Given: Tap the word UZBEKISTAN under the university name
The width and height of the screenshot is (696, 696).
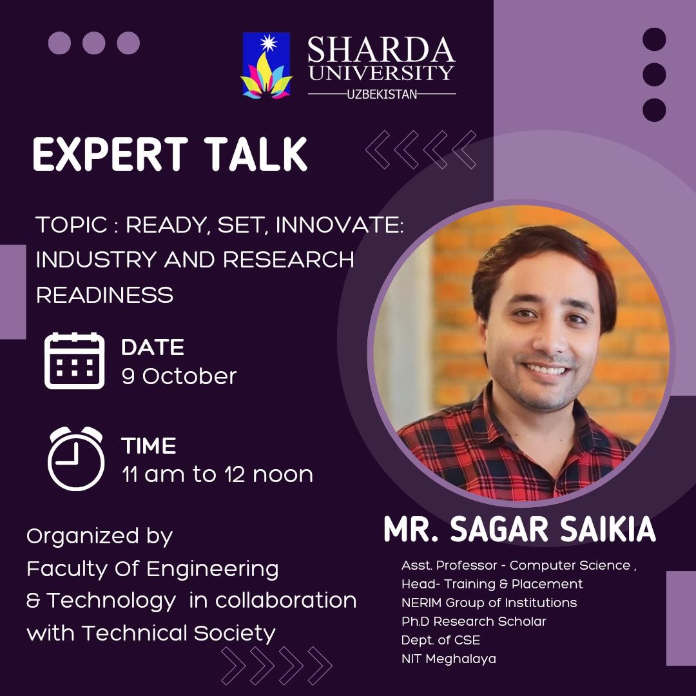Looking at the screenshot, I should [382, 94].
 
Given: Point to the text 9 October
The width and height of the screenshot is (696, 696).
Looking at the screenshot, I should [179, 376].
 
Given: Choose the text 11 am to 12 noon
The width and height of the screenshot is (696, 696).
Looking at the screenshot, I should [218, 474].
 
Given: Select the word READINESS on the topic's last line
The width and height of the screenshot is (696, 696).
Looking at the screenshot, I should [104, 295].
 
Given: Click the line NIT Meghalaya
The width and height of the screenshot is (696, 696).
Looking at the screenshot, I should [449, 659].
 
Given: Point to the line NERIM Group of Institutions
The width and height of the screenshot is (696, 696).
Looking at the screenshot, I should [489, 603].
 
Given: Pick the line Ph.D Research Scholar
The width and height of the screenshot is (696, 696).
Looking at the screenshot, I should [474, 621].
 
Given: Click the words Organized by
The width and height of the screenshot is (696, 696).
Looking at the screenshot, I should [100, 536].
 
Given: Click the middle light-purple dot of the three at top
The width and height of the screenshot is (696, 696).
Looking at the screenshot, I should [94, 43].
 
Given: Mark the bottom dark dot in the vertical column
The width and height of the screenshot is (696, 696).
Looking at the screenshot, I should [654, 110].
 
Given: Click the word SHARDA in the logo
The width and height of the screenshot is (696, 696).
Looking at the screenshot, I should [381, 50].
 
